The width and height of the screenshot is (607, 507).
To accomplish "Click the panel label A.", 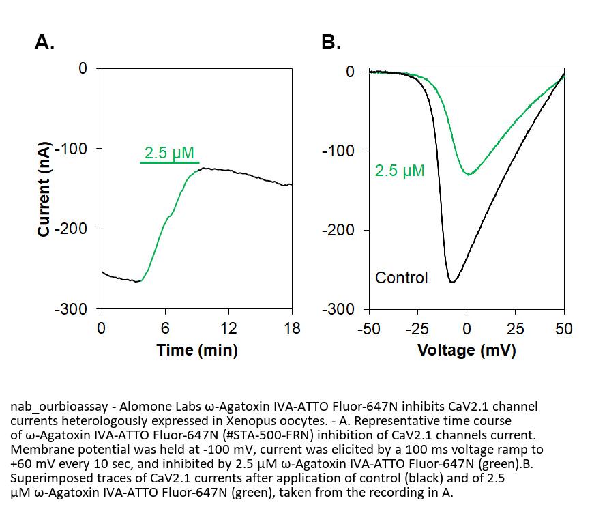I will click(x=44, y=43).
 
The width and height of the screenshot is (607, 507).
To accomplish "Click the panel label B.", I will click(x=331, y=43).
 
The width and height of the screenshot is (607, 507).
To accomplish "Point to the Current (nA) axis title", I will click(x=44, y=189).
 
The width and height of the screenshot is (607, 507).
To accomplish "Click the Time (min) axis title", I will click(x=197, y=351).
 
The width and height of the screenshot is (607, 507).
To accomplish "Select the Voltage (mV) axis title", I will click(x=466, y=351).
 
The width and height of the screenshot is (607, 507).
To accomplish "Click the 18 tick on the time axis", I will click(x=292, y=328).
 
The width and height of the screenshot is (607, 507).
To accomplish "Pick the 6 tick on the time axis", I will click(x=165, y=328).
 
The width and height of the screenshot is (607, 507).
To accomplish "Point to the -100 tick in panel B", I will click(x=339, y=151).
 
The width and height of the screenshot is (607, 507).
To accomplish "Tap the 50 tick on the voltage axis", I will click(x=563, y=330).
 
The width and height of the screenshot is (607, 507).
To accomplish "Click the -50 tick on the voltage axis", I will click(x=368, y=330).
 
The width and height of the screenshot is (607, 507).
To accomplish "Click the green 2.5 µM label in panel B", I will click(x=400, y=171).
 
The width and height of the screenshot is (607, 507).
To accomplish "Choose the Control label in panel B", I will click(x=402, y=278).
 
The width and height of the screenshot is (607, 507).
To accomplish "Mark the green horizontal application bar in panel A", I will click(x=170, y=162).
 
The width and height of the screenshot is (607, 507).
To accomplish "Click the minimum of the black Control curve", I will click(x=451, y=281).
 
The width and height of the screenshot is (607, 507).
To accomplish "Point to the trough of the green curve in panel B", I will click(x=469, y=175).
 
